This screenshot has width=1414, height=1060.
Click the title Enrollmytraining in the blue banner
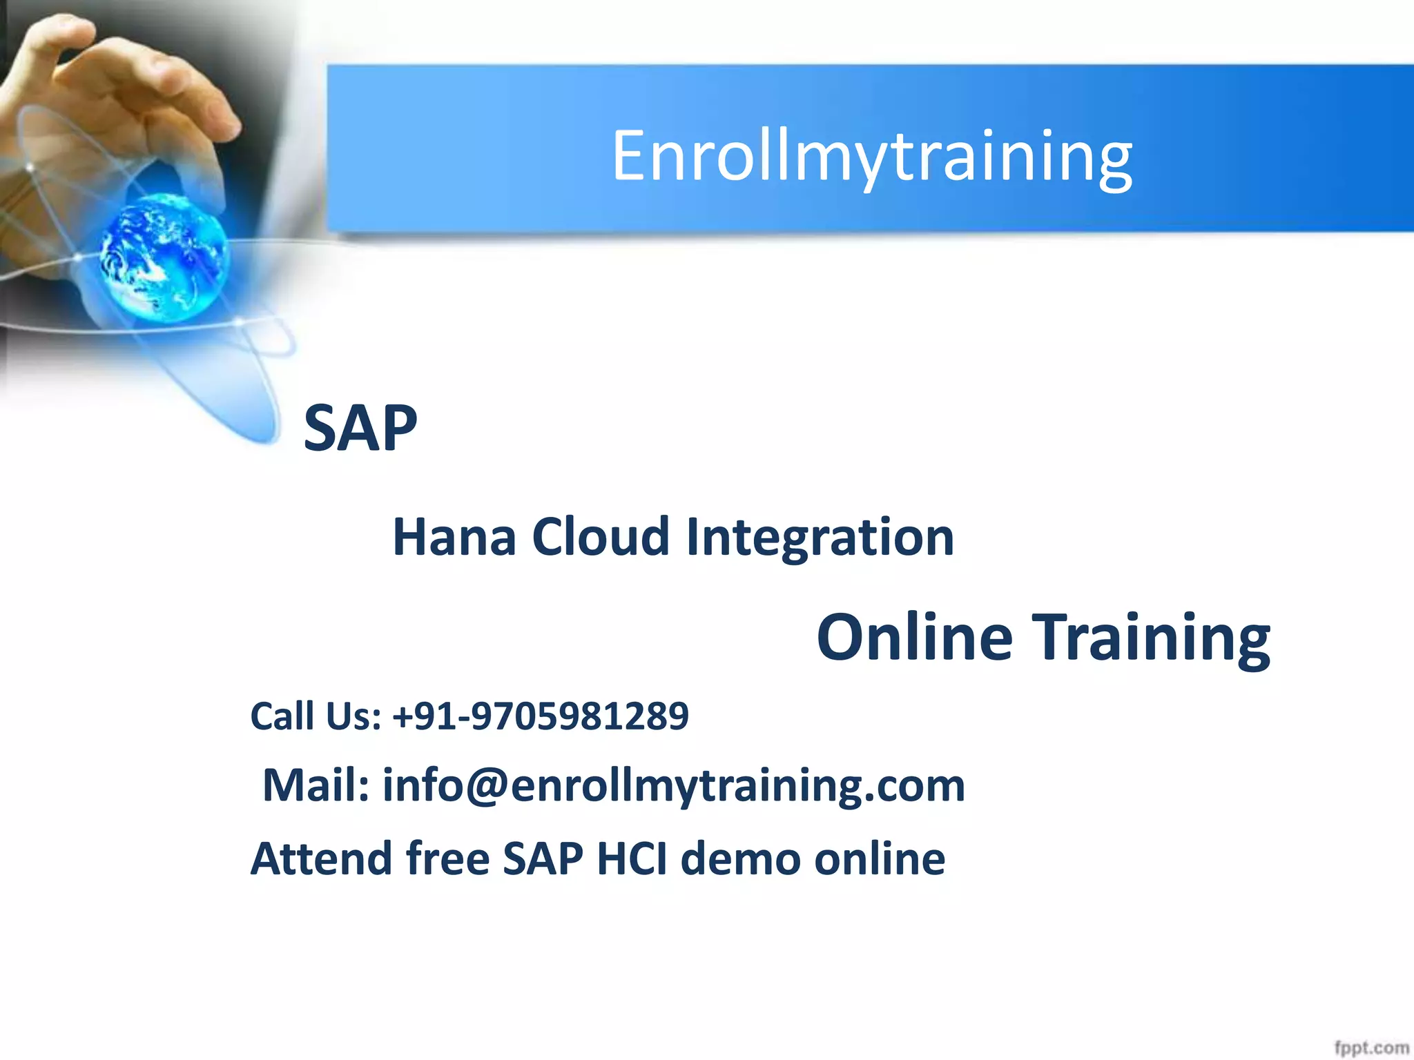pos(871,157)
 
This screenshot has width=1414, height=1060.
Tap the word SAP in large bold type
pos(360,429)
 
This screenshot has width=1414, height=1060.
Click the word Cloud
pos(601,537)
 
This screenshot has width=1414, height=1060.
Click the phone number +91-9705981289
pos(540,716)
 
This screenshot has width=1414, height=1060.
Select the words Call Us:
pos(316,716)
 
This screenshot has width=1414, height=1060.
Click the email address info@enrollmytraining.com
pos(673,786)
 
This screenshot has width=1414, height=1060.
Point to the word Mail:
pos(316,785)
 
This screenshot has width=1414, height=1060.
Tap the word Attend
pos(321,858)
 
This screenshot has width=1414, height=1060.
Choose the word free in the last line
pos(447,858)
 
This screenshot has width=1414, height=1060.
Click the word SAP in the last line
pos(543,858)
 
